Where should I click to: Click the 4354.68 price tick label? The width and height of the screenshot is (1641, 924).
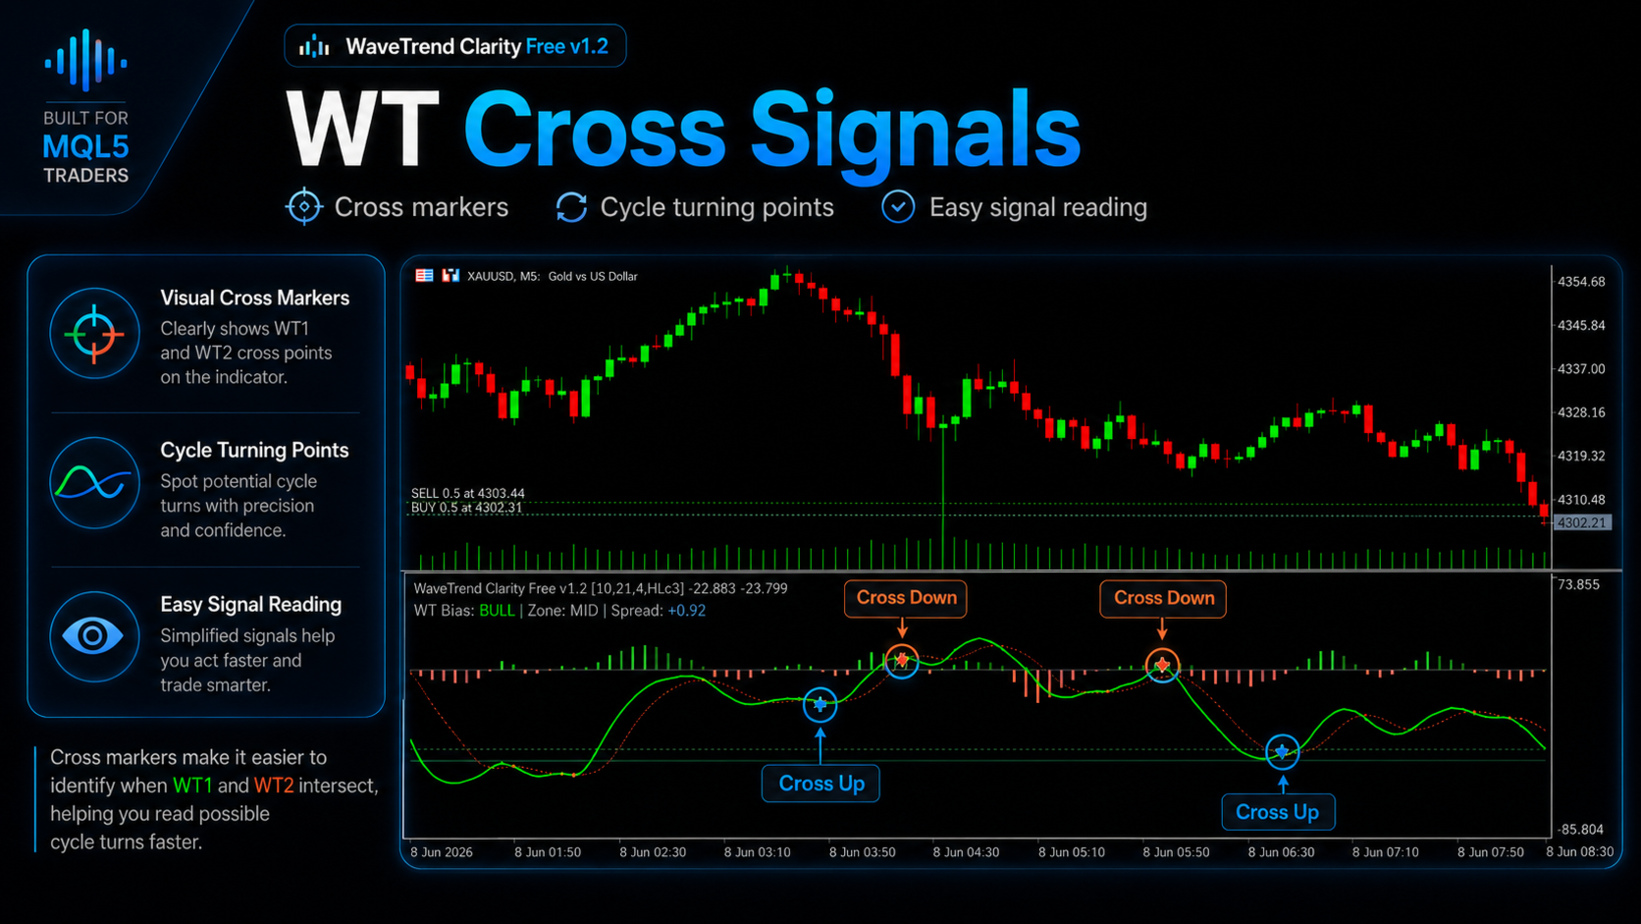coord(1581,282)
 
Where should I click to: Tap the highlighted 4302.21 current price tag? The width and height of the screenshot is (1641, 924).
coord(1582,522)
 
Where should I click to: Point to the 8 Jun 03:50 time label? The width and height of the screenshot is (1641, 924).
coord(863,852)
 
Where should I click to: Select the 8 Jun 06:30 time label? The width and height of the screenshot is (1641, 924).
coord(1282,852)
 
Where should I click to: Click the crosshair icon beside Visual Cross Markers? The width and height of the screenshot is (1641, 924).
coord(94,334)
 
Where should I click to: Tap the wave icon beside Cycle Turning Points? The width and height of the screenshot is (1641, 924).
coord(94,483)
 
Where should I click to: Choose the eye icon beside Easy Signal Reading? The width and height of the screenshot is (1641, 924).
coord(94,636)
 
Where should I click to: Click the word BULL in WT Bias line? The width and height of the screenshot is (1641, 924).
coord(497,611)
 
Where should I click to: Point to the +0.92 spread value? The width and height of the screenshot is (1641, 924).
coord(686,611)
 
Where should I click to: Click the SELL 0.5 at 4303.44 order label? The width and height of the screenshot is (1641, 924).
coord(467,493)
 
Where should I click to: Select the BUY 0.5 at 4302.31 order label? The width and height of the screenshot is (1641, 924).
coord(466,507)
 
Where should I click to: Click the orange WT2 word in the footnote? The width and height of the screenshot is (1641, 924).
coord(273,786)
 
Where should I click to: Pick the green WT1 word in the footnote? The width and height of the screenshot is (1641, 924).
coord(192,786)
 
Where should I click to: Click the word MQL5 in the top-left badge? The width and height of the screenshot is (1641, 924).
coord(85,147)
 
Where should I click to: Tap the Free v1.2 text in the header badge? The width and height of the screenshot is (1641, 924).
coord(567,46)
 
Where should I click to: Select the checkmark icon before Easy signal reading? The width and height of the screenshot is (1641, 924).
coord(898,206)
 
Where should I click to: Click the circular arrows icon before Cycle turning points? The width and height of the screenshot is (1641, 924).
coord(571,206)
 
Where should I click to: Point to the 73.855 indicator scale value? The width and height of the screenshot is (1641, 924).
coord(1579,584)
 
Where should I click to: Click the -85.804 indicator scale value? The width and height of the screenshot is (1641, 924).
coord(1580,830)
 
